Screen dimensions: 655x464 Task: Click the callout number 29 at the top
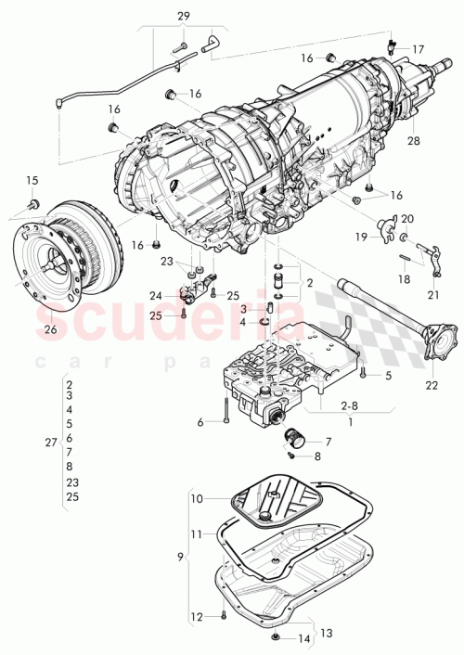click(183, 16)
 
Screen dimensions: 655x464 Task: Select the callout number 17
click(418, 49)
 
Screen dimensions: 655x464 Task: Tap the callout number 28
click(413, 140)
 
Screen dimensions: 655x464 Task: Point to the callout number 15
click(32, 180)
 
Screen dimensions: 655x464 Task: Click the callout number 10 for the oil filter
click(197, 499)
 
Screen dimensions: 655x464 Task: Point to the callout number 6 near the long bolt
click(200, 422)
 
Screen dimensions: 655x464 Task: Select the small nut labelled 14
click(277, 637)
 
